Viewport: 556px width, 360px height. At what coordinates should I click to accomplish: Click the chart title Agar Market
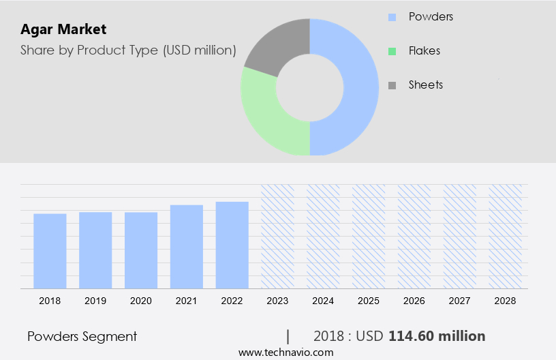(x=63, y=29)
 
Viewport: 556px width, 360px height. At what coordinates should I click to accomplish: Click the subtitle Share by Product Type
(x=128, y=50)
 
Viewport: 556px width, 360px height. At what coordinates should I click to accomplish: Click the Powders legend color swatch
(x=392, y=16)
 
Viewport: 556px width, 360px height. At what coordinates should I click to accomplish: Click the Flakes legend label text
(x=424, y=50)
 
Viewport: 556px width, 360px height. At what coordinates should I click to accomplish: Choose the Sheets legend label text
(x=426, y=85)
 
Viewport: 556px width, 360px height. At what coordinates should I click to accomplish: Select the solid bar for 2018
(x=50, y=251)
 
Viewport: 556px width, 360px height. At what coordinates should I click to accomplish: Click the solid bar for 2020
(x=141, y=250)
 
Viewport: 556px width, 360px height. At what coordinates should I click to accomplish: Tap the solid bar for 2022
(x=232, y=245)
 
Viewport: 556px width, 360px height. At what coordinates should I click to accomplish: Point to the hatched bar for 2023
(x=277, y=236)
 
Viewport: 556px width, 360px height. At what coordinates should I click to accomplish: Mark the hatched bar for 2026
(x=414, y=236)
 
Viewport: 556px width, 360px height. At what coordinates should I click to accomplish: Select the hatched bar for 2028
(x=506, y=236)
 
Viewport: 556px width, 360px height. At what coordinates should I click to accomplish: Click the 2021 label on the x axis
(x=187, y=300)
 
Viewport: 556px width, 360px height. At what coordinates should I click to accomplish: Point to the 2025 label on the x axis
(x=369, y=300)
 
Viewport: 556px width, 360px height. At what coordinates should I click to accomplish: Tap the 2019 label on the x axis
(x=95, y=300)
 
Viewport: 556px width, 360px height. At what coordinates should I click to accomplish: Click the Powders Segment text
(x=82, y=336)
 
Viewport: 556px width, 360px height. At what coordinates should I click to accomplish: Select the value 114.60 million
(x=437, y=336)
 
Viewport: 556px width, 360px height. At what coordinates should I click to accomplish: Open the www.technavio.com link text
(x=285, y=352)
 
